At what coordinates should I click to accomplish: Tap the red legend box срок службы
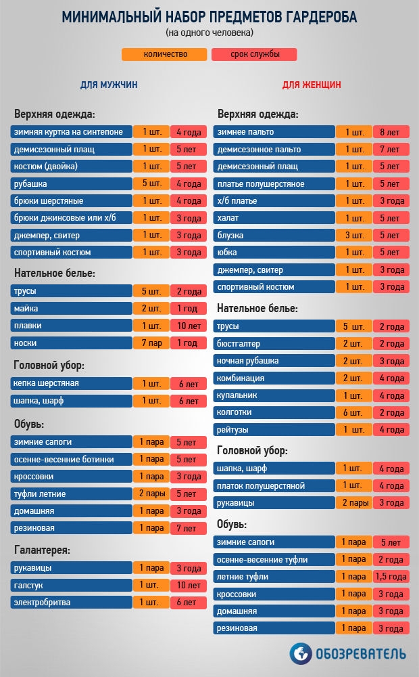tap(254, 55)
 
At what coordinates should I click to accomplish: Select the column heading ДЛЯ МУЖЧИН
tap(109, 85)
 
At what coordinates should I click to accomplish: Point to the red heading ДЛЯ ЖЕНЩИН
tap(311, 85)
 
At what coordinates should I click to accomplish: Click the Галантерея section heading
tap(42, 550)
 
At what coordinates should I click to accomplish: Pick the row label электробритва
tap(71, 602)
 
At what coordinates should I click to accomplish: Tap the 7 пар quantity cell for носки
tap(151, 343)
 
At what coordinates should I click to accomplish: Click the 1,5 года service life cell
tap(391, 577)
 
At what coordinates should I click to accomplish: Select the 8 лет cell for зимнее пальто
tap(391, 132)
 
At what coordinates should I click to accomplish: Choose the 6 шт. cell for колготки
tap(353, 412)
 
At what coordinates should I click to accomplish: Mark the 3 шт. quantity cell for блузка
tap(353, 236)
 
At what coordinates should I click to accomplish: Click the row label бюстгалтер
tap(274, 343)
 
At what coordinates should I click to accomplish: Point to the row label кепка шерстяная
tap(71, 384)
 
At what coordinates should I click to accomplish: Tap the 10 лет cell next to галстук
tap(189, 585)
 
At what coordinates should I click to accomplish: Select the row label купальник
tap(274, 395)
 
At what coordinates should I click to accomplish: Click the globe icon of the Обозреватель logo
tap(301, 654)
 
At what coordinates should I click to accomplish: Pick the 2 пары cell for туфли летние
tap(151, 494)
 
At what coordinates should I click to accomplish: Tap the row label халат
tap(274, 218)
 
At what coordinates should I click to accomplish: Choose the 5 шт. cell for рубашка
tap(151, 183)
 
